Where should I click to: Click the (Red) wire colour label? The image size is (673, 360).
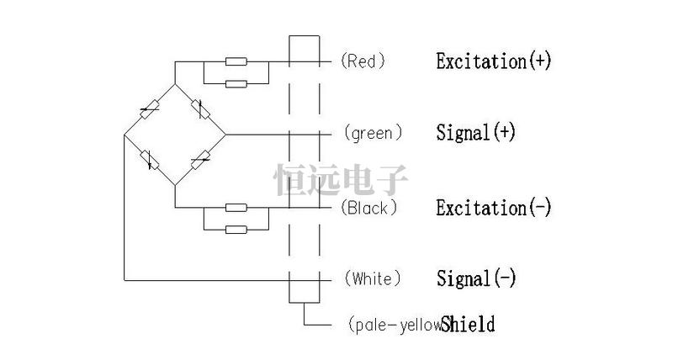click(363, 61)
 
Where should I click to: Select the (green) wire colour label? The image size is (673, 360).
click(373, 133)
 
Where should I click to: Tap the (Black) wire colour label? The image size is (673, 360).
click(369, 207)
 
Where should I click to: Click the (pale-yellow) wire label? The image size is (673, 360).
click(393, 325)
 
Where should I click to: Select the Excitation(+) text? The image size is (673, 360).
click(493, 61)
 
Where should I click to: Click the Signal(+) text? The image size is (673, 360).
click(475, 133)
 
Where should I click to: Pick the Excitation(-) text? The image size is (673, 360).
click(493, 208)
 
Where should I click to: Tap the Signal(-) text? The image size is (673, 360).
click(475, 278)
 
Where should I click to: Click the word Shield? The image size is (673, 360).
click(468, 324)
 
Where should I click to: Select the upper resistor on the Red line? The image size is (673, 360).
click(236, 61)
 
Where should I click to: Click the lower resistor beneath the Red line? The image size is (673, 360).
click(236, 83)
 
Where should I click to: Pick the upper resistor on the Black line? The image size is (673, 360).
click(236, 207)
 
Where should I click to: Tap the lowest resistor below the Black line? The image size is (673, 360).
click(236, 228)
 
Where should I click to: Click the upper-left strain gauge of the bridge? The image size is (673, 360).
click(150, 109)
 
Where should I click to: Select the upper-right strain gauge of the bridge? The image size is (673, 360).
click(200, 109)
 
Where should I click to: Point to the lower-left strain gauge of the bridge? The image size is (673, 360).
click(150, 158)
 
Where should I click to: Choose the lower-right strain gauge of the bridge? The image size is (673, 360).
click(200, 158)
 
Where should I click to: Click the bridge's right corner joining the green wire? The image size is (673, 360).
click(225, 134)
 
